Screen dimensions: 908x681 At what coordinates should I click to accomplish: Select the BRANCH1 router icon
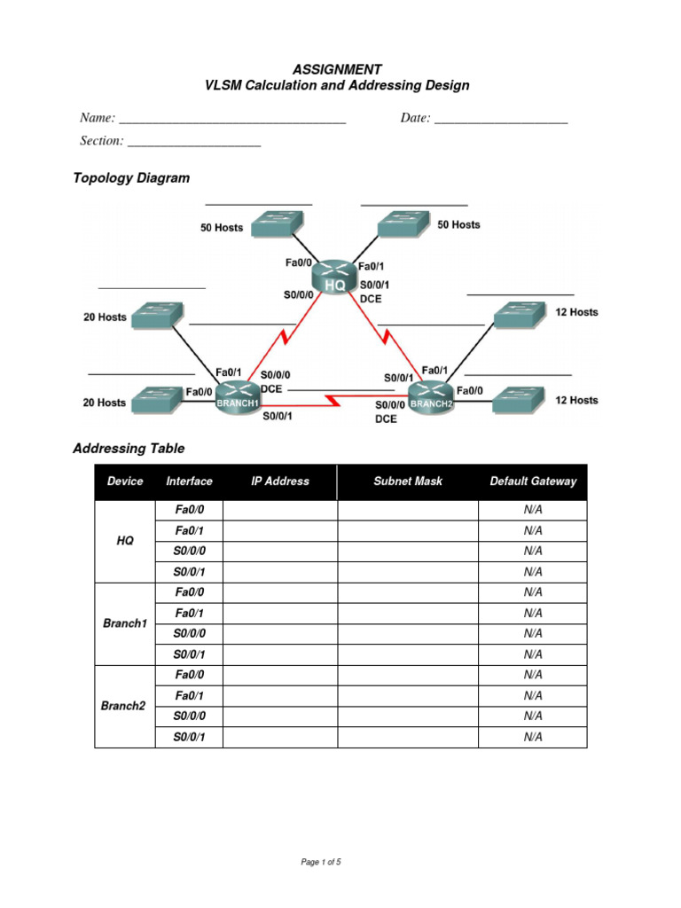pyautogui.click(x=237, y=395)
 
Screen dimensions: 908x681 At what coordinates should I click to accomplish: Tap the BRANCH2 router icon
pyautogui.click(x=431, y=395)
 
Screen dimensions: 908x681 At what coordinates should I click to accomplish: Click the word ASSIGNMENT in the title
pyautogui.click(x=337, y=69)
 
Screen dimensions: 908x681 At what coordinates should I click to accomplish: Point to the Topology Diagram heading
pyautogui.click(x=131, y=177)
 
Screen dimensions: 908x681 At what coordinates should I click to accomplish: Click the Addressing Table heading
pyautogui.click(x=129, y=449)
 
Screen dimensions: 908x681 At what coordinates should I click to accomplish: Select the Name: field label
pyautogui.click(x=98, y=118)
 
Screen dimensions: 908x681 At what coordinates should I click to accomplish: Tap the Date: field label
pyautogui.click(x=415, y=118)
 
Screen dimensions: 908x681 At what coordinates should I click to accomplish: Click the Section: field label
pyautogui.click(x=101, y=141)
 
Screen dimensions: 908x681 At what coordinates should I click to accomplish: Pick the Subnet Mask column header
pyautogui.click(x=408, y=481)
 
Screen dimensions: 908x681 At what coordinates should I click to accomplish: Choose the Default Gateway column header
pyautogui.click(x=533, y=481)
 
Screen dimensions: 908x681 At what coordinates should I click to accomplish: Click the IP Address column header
pyautogui.click(x=280, y=481)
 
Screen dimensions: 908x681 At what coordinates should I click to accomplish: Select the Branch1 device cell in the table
pyautogui.click(x=125, y=623)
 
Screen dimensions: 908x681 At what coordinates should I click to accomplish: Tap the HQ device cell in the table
pyautogui.click(x=125, y=541)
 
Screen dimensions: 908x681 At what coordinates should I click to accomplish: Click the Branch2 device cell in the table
pyautogui.click(x=125, y=706)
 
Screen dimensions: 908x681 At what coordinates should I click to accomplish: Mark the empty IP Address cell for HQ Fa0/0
pyautogui.click(x=280, y=510)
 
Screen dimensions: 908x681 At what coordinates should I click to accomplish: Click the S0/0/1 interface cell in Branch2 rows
pyautogui.click(x=189, y=737)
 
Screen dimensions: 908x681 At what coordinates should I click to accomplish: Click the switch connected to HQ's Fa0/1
pyautogui.click(x=403, y=224)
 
